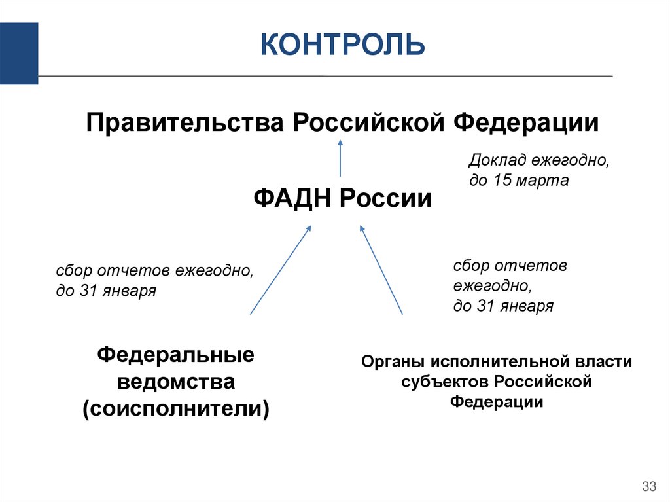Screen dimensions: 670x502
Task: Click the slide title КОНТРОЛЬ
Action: [342, 45]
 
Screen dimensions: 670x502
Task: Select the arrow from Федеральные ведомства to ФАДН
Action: [280, 270]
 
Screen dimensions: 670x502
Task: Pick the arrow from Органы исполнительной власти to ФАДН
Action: [381, 270]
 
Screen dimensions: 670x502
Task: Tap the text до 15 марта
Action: [519, 181]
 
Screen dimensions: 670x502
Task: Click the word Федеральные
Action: [176, 357]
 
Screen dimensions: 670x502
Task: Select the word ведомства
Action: [176, 382]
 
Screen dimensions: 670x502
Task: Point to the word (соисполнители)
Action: [176, 408]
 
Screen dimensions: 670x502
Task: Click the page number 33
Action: [649, 486]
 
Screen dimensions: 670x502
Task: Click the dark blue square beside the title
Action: [18, 53]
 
